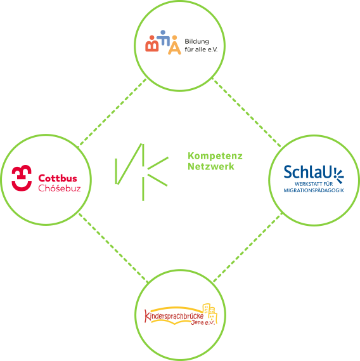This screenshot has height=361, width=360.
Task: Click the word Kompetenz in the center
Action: pos(215,156)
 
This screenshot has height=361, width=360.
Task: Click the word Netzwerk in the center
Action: pos(211,166)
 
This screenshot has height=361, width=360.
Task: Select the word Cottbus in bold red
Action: pos(58,178)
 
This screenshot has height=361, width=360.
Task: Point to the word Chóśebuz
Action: pos(60,188)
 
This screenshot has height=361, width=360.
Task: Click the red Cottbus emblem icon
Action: pos(22,178)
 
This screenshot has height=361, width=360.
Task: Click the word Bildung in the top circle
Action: pos(196,41)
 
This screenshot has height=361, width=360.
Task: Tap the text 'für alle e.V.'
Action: pos(201,49)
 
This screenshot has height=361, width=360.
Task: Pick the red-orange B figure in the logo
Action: pos(152,44)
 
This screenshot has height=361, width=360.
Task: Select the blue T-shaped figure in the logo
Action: pos(164,38)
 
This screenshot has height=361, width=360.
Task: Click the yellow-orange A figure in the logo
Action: pos(174,45)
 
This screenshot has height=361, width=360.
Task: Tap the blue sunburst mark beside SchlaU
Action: pos(338,176)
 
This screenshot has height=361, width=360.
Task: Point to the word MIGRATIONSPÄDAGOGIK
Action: pos(314,190)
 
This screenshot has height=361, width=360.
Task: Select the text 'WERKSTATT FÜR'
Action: pos(314,184)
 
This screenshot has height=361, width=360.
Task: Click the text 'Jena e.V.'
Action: pos(203,322)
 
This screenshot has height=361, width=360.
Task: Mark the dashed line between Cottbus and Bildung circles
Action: pos(112,112)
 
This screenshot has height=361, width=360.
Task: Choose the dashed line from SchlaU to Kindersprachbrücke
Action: pos(248,247)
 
